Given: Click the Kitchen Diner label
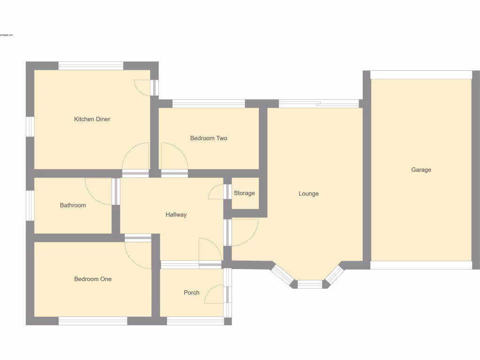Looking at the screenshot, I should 92,119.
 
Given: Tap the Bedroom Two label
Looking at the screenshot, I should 209,138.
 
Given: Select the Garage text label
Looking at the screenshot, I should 421,170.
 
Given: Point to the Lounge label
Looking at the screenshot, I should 308,194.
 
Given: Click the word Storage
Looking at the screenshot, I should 245,193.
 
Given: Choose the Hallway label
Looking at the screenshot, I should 176,215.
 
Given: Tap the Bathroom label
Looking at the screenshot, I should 73,205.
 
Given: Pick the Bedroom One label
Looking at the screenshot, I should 93,279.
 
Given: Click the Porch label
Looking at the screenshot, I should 191,292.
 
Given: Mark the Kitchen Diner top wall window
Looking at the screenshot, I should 90,66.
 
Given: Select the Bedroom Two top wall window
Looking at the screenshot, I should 209,104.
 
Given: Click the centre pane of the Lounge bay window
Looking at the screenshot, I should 310,284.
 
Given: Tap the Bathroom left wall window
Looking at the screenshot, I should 30,205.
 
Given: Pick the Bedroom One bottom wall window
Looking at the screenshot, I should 93,321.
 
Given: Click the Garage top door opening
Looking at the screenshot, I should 421,75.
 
